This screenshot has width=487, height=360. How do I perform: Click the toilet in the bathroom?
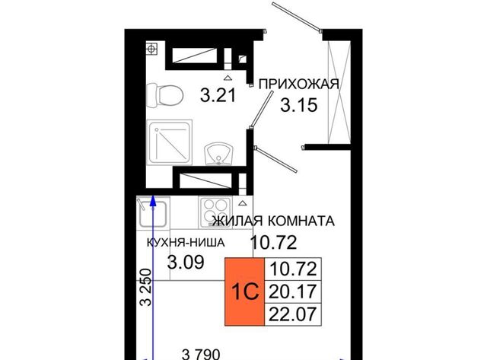(164, 95)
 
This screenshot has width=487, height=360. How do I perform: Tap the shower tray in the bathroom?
(170, 142)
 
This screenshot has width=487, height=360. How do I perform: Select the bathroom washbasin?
(218, 154)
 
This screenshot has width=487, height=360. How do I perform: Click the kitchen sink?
(153, 213)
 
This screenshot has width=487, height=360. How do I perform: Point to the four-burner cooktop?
(215, 212)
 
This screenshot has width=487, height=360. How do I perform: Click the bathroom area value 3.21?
(218, 95)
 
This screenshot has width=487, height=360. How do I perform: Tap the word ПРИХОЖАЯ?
(299, 84)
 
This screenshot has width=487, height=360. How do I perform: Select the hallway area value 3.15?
(299, 105)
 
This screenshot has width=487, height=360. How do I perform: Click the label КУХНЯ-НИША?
(186, 242)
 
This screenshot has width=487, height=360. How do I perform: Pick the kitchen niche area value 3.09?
(186, 262)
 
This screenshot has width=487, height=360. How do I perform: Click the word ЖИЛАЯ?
(237, 221)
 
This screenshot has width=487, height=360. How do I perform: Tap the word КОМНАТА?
(301, 221)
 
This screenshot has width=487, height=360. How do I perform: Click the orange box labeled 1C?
(244, 292)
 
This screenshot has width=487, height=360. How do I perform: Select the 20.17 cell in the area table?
(292, 292)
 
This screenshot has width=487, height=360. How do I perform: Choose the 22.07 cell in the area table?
(292, 314)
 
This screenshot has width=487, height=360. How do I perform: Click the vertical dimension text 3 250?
(145, 288)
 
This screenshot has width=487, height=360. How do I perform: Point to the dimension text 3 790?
(201, 354)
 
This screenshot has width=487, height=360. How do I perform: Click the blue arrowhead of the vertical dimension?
(152, 201)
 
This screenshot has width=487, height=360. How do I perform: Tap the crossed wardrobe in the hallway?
(339, 92)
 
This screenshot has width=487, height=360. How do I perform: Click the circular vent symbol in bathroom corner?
(151, 49)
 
